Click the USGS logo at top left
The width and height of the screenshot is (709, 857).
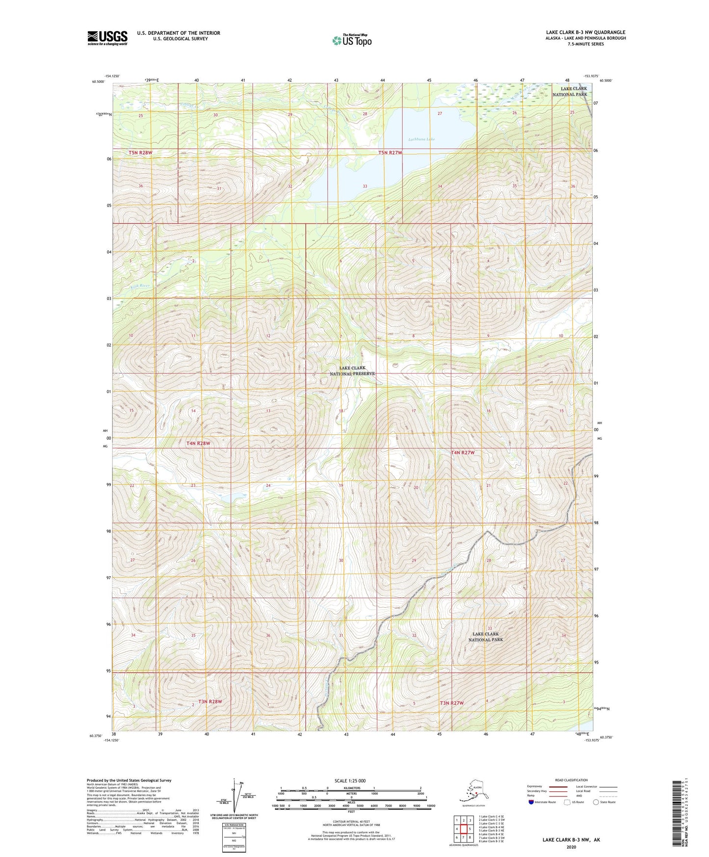(107, 38)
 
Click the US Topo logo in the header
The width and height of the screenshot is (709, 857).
(351, 40)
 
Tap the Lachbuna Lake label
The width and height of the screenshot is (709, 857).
(421, 139)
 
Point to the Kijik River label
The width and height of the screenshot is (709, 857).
(140, 285)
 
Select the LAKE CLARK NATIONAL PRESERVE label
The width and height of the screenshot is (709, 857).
(352, 371)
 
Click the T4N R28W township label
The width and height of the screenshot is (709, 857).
(198, 443)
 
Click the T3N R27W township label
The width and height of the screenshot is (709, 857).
(451, 703)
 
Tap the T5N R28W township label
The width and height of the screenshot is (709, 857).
(140, 153)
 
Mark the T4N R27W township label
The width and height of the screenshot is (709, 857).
(463, 452)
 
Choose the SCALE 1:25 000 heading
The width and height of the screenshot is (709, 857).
(350, 780)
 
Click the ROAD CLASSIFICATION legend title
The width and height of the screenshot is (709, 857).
(571, 780)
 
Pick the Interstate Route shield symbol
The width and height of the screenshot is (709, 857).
(531, 802)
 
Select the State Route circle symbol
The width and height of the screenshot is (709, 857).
(596, 802)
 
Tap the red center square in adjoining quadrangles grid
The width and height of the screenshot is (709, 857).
(463, 829)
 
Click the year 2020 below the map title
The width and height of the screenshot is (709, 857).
(571, 847)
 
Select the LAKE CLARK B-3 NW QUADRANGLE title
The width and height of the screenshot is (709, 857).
(585, 32)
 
